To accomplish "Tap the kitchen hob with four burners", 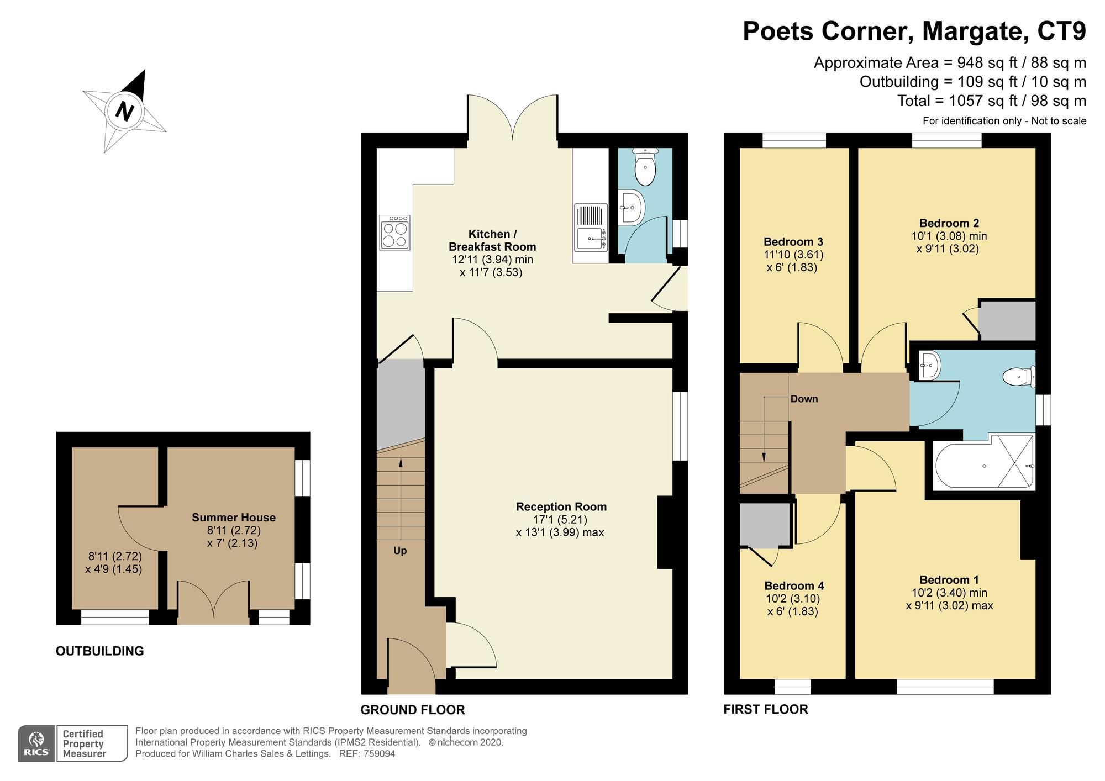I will point(394,233).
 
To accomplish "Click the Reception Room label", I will point(561,506).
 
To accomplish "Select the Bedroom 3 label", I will point(793,241).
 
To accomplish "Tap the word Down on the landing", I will point(804,399).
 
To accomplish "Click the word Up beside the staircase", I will point(400,551).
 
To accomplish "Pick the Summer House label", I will point(233,518).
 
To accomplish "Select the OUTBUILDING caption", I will point(99,651).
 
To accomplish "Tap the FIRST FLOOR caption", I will point(765,709).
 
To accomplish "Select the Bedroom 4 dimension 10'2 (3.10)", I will point(792,599).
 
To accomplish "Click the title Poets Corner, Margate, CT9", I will point(914,31).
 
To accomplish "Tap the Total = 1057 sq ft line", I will point(991,101).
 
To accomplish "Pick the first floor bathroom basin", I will point(929,365).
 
